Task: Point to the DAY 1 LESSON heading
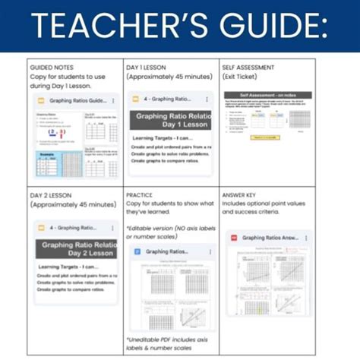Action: [151, 67]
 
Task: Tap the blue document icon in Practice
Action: [137, 251]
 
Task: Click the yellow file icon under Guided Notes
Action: [40, 100]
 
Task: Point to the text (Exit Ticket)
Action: [242, 77]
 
